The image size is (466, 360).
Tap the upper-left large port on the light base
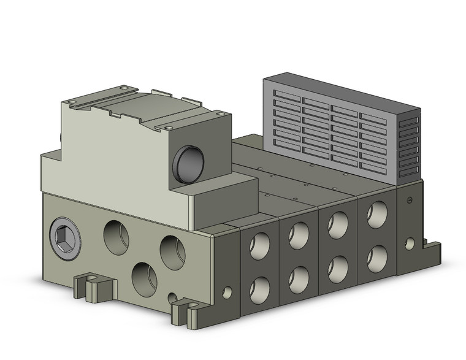pyautogui.click(x=116, y=237)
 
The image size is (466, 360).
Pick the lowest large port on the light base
pyautogui.click(x=144, y=279)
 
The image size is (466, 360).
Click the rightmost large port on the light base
pyautogui.click(x=172, y=251)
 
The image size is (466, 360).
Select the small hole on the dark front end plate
pyautogui.click(x=227, y=293)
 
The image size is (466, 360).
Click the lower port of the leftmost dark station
pyautogui.click(x=259, y=288)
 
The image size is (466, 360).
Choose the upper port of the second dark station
pyautogui.click(x=299, y=235)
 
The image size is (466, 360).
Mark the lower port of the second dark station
pyautogui.click(x=299, y=278)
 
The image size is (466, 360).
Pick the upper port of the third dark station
pyautogui.click(x=338, y=224)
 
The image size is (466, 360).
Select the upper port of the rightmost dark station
pyautogui.click(x=376, y=215)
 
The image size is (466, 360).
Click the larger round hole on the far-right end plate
pyautogui.click(x=410, y=243)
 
